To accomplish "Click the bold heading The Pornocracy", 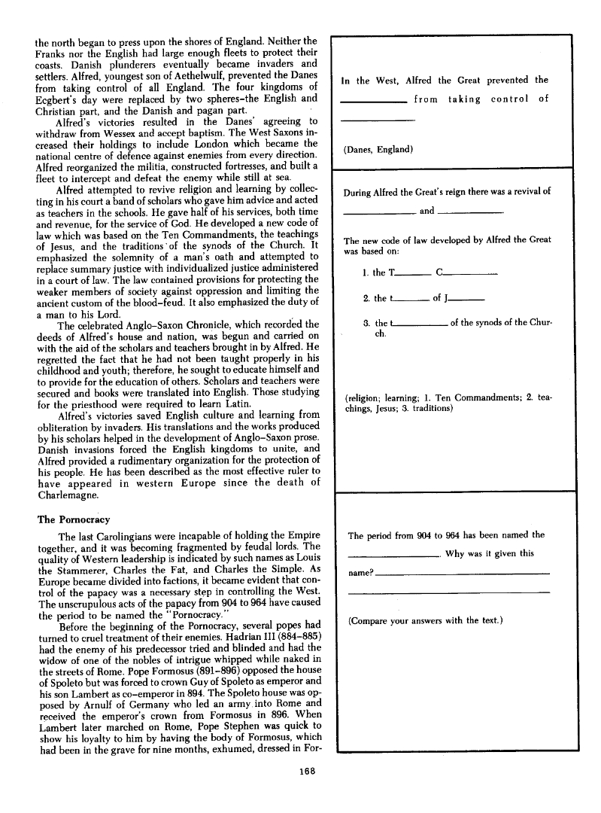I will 74,519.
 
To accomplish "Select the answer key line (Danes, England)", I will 378,149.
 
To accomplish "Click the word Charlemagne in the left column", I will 70,496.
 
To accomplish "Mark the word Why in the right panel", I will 456,554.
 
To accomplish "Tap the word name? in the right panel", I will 359,574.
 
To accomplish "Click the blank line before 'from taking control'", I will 374,103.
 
